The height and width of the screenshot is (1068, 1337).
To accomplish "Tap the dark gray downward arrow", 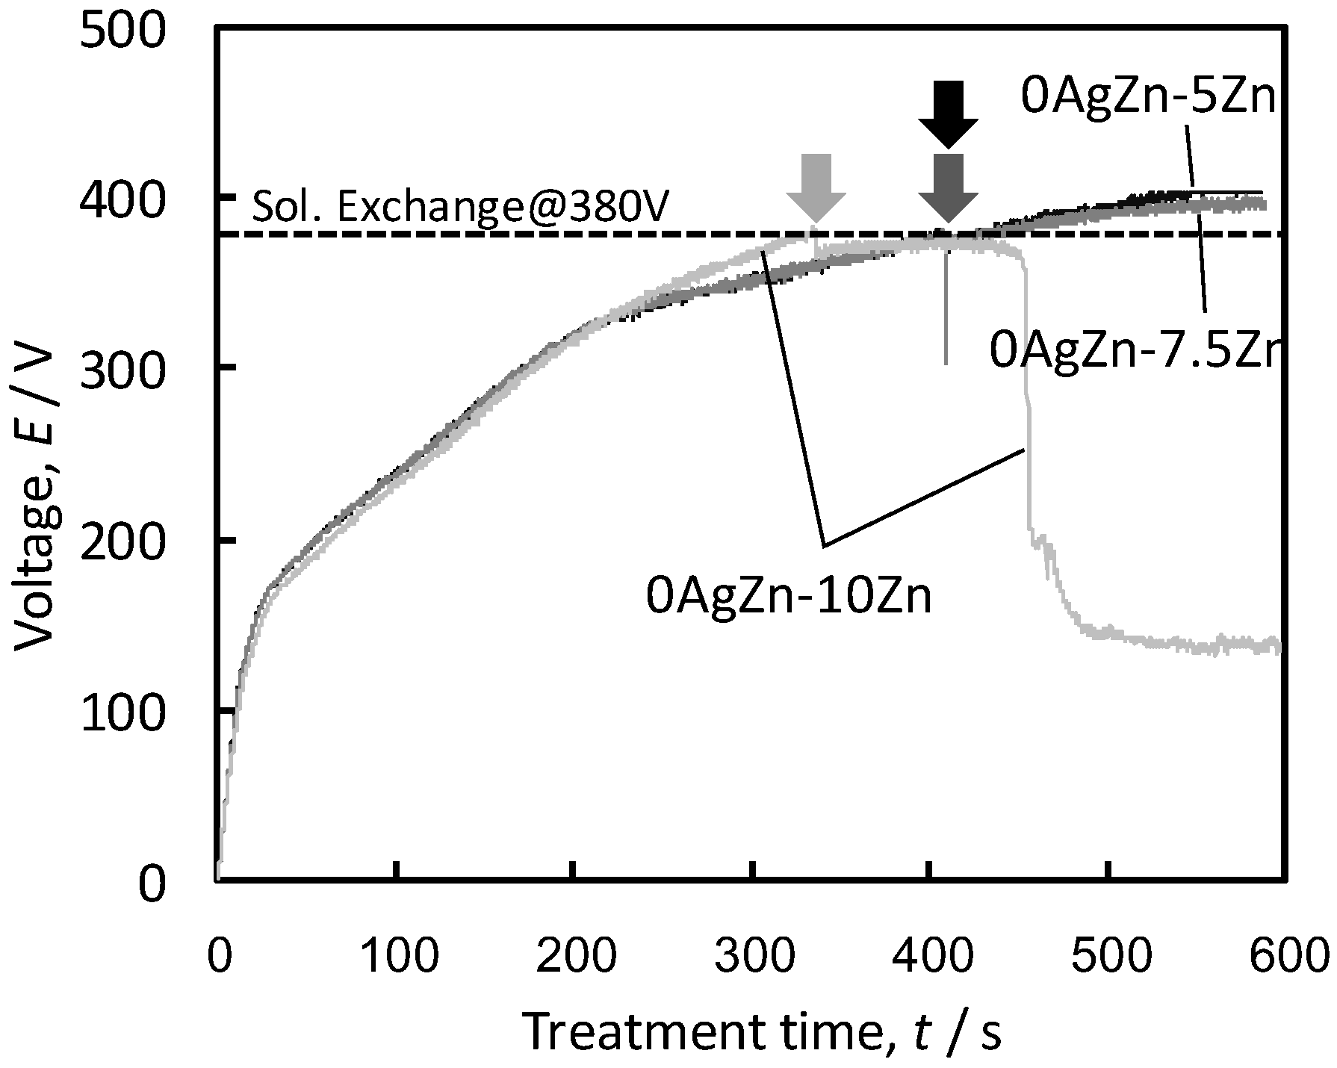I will tap(948, 187).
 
